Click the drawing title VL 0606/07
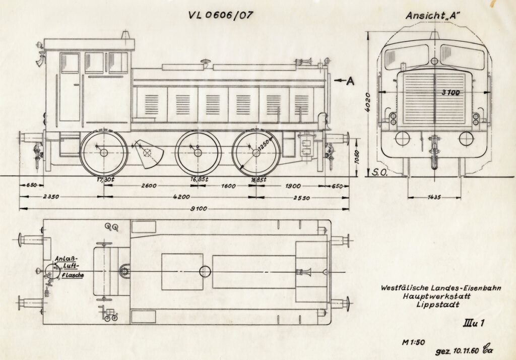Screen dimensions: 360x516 [220, 15]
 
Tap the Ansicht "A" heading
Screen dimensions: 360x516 [434, 15]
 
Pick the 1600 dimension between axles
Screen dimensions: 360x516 [228, 186]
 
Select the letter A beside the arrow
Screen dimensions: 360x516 [351, 80]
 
